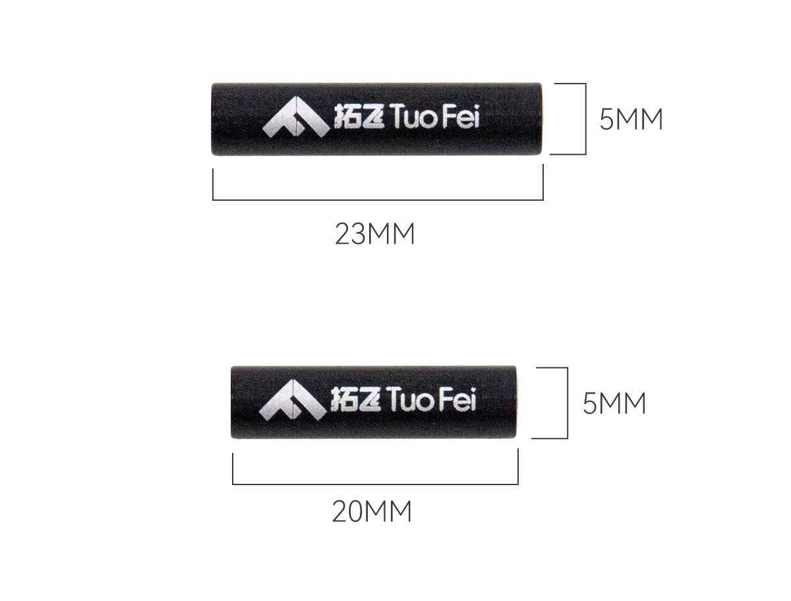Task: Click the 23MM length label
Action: click(x=375, y=234)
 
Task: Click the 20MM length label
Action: click(x=372, y=511)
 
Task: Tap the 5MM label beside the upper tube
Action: click(x=631, y=119)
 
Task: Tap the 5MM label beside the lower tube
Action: click(x=614, y=404)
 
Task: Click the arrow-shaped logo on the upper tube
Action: click(x=296, y=117)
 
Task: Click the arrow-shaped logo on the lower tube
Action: click(x=292, y=400)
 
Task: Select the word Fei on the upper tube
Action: click(x=461, y=116)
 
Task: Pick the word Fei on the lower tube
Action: click(x=457, y=399)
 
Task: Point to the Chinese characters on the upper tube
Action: click(x=359, y=117)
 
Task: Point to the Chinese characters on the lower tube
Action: click(x=356, y=400)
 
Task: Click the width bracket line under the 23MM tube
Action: click(x=378, y=199)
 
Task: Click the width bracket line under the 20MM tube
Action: click(x=376, y=484)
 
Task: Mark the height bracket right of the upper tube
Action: click(x=585, y=119)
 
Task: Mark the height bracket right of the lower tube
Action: click(x=568, y=403)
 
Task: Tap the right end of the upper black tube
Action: click(x=541, y=119)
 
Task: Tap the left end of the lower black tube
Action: click(x=231, y=402)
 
